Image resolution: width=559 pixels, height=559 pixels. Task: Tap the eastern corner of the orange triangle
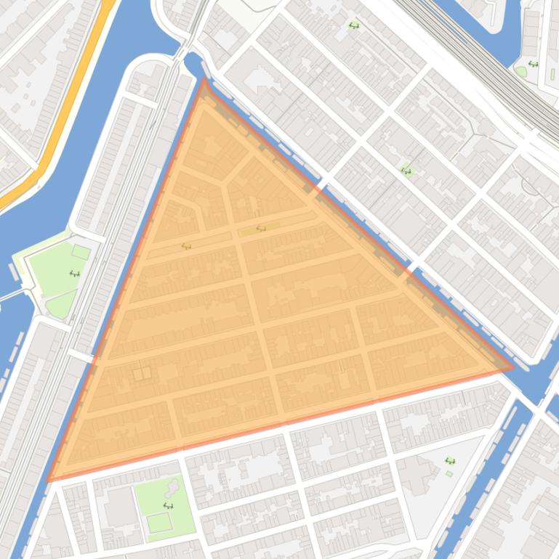point(513,367)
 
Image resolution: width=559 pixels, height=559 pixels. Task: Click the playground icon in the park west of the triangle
point(74,274)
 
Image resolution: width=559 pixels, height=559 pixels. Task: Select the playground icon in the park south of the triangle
point(168,506)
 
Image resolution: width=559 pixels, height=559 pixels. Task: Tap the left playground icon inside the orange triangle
point(187,246)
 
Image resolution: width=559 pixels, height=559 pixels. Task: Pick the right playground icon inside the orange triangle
point(261,229)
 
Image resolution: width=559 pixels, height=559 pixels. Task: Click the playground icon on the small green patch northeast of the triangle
point(406,171)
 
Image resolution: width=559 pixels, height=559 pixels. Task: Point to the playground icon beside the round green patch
point(534,64)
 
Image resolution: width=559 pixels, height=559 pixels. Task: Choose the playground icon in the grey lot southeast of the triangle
point(449,461)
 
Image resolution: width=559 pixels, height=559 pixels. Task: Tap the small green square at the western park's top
point(81,253)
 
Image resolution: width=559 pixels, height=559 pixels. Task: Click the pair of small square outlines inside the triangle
point(142,373)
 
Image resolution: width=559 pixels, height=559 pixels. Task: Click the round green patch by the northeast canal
point(520,71)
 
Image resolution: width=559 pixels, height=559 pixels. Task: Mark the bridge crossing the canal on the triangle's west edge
point(81,355)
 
